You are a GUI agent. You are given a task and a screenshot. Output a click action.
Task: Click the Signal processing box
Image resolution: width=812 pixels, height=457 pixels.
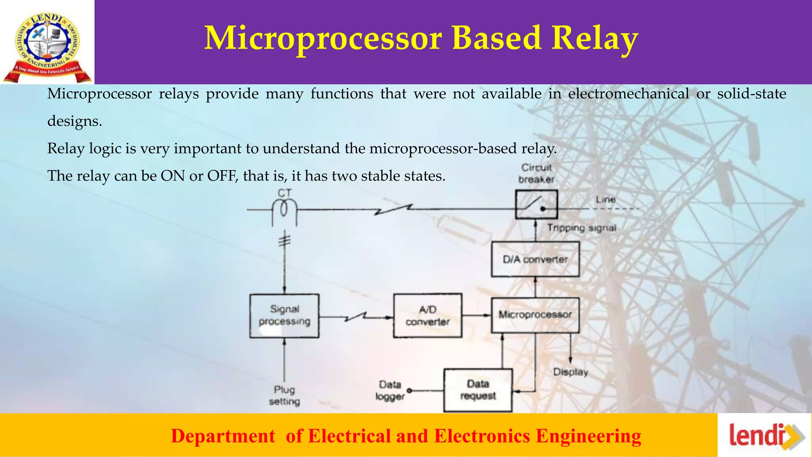pyautogui.click(x=284, y=316)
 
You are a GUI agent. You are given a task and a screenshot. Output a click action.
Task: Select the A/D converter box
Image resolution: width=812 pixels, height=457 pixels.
pyautogui.click(x=427, y=316)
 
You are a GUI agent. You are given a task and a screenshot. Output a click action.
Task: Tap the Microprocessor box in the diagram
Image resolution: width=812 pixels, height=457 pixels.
pyautogui.click(x=535, y=315)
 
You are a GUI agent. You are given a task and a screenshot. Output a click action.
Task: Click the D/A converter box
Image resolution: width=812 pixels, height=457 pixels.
pyautogui.click(x=535, y=259)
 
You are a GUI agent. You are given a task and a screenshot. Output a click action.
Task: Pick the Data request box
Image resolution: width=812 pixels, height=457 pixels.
pyautogui.click(x=478, y=390)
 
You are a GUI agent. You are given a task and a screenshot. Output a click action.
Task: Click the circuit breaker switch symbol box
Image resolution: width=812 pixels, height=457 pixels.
pyautogui.click(x=536, y=204)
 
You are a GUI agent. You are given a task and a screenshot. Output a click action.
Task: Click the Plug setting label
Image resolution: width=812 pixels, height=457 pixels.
pyautogui.click(x=284, y=396)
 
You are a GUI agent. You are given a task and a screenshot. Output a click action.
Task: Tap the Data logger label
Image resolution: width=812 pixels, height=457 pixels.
pyautogui.click(x=390, y=390)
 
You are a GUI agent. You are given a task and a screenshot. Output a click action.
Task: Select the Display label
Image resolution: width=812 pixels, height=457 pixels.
pyautogui.click(x=571, y=372)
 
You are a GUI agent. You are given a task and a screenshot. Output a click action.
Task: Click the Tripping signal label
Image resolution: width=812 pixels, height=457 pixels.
pyautogui.click(x=581, y=228)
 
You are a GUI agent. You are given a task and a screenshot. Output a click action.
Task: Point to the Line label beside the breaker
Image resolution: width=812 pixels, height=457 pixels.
pyautogui.click(x=605, y=200)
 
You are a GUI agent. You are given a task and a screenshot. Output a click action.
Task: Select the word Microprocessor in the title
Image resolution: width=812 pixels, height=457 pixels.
pyautogui.click(x=323, y=38)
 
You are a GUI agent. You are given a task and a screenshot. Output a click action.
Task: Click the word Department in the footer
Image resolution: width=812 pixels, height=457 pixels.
pyautogui.click(x=223, y=436)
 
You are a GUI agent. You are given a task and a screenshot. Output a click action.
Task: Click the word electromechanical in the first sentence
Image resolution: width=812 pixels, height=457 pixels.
pyautogui.click(x=628, y=94)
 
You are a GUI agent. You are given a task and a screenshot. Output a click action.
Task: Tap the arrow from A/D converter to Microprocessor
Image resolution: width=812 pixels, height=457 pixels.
pyautogui.click(x=477, y=315)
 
